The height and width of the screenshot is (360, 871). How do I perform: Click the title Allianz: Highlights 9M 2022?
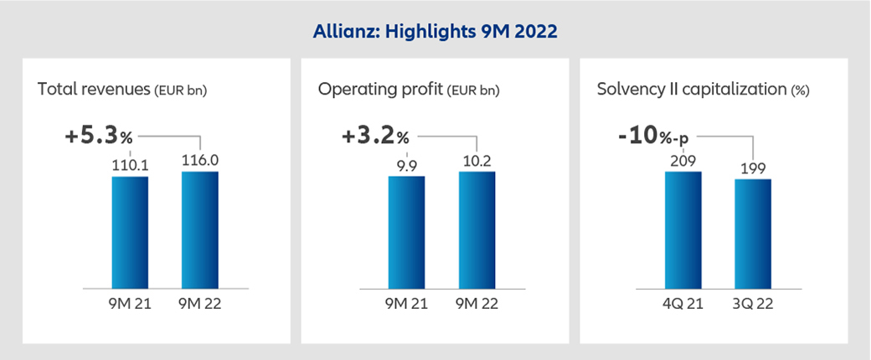(435, 32)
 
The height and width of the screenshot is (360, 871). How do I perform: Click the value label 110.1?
(130, 165)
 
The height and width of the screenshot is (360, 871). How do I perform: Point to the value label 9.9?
(406, 165)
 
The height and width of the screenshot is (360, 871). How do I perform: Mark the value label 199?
(753, 167)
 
